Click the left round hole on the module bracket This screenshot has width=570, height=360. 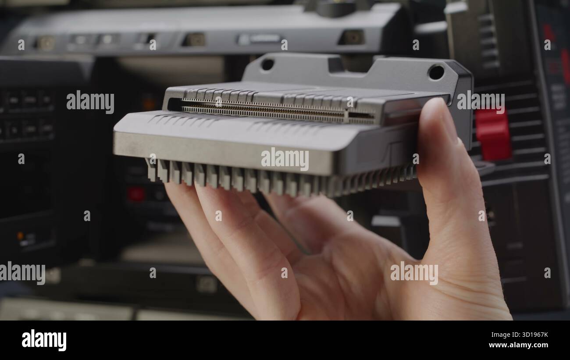coord(267,64)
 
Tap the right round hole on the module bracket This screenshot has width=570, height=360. coord(436,72)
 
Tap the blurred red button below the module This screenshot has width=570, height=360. coord(135,194)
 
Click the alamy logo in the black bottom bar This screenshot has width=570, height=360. coord(44,340)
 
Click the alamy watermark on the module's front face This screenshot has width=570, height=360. coord(285,159)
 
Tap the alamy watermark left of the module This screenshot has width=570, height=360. coord(90,102)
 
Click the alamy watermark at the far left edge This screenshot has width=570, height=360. coord(22,273)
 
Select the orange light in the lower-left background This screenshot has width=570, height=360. coord(20,235)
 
